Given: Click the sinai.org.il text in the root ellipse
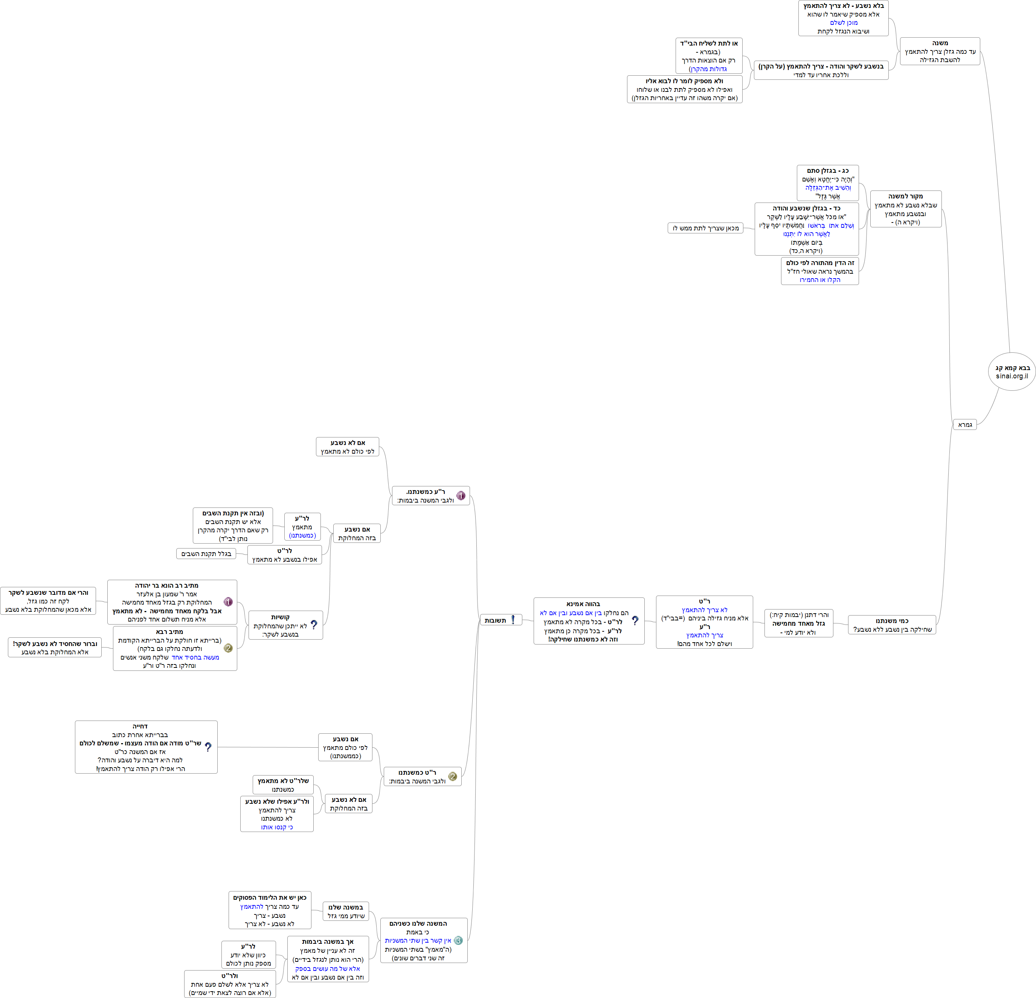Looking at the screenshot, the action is coord(1012,376).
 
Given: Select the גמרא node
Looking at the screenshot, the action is coord(965,425).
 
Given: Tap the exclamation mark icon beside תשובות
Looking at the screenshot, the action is coord(513,620).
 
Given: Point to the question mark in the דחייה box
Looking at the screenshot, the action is coord(208,747).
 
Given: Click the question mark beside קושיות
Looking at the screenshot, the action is coord(314,625).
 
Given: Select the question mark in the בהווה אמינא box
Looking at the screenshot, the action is coord(635,621).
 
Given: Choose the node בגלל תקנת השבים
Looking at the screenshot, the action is coord(206,554).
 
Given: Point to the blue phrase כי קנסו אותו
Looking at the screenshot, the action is coord(276,827).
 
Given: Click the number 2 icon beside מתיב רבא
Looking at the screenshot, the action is coord(228,648).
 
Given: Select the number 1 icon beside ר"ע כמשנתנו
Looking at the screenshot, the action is coord(461,495).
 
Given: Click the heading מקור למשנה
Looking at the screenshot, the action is coord(905,197).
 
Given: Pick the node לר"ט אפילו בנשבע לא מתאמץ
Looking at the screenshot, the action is coord(284,555).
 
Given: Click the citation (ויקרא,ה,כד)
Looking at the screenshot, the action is coord(806,251).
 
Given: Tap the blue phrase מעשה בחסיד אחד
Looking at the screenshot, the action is coord(195,657).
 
